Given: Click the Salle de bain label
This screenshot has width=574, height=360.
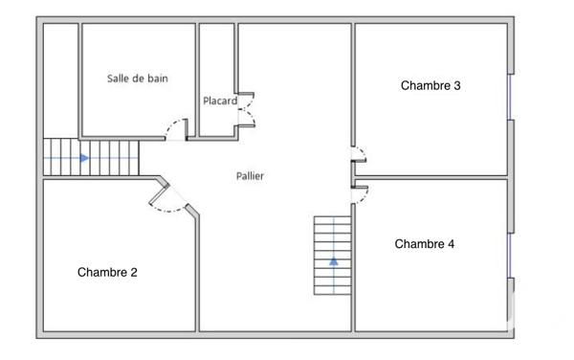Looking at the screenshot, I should [x=138, y=79].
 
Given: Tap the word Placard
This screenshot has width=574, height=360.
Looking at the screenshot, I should [x=220, y=101].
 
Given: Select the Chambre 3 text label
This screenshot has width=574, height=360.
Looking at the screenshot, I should [x=430, y=85].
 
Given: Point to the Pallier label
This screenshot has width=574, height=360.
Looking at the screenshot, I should [x=251, y=176].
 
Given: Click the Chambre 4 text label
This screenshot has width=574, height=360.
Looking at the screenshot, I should [x=425, y=244].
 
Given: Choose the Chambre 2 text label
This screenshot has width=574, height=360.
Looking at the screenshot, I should [x=107, y=272].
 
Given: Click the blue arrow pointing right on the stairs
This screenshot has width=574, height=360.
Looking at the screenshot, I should [x=85, y=158].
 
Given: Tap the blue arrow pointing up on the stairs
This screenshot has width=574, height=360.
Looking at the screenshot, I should [x=334, y=259].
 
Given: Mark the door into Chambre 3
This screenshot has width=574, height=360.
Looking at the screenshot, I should [x=359, y=156].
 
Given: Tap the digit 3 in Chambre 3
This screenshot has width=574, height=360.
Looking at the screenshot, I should [x=457, y=85].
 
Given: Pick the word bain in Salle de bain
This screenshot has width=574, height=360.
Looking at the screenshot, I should [x=157, y=79].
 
